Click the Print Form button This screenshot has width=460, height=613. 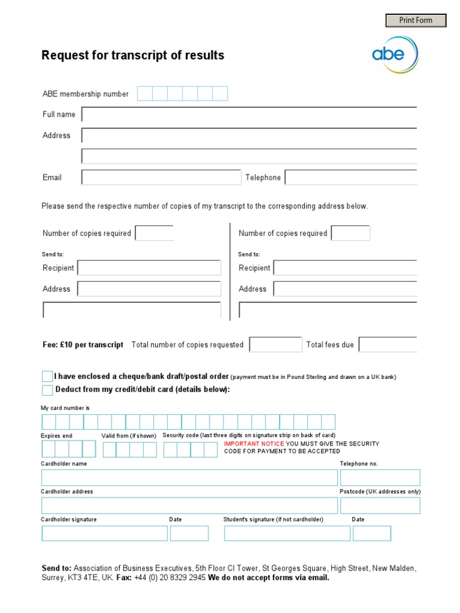click(416, 20)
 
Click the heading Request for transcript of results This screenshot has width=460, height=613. click(132, 56)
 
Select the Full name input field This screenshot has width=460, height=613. click(249, 114)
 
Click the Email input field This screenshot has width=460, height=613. click(161, 177)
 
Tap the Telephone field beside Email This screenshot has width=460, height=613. click(350, 177)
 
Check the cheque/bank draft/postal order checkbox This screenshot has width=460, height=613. click(47, 377)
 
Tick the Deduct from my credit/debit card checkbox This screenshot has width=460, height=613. click(47, 390)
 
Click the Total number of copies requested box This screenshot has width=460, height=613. click(276, 345)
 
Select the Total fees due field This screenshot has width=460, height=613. click(388, 345)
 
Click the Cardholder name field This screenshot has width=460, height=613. click(189, 478)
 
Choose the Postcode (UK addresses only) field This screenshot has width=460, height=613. click(380, 505)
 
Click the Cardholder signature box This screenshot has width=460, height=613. click(104, 533)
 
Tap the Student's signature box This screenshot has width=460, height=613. click(287, 533)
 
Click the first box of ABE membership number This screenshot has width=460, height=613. click(145, 94)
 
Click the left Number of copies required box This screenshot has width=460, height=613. click(155, 233)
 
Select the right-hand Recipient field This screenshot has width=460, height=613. click(345, 268)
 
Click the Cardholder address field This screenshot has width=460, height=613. click(189, 505)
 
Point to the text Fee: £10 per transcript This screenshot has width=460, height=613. click(83, 345)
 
